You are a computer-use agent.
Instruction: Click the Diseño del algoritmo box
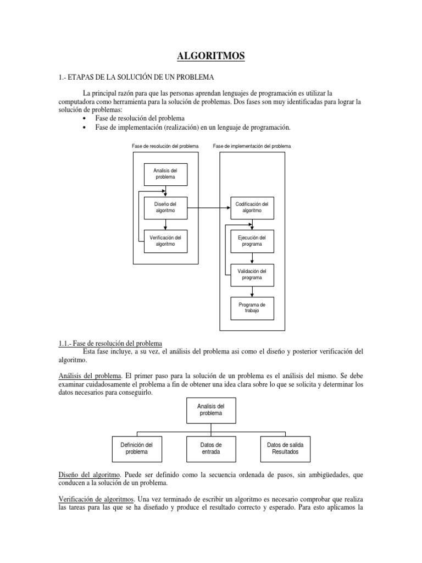coord(165,208)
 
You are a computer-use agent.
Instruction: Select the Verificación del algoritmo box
coord(165,241)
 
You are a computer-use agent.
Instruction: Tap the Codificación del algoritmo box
coord(252,208)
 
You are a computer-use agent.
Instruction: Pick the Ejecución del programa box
coord(252,241)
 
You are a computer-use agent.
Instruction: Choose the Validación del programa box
coord(252,274)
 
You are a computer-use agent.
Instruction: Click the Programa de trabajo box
coord(252,308)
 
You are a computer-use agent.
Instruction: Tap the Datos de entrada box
coord(212,448)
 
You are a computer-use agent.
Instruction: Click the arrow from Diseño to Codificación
coord(208,208)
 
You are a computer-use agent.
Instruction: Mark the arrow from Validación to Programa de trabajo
coord(252,291)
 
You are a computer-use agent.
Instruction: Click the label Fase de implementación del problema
coord(252,146)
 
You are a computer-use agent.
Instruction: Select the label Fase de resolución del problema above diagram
coord(165,146)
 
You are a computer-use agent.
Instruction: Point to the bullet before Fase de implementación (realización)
coord(84,128)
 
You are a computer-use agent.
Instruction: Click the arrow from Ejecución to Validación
coord(252,258)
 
